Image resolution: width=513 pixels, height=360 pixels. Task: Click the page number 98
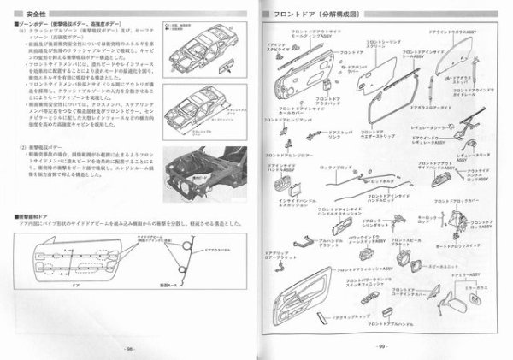[127, 348]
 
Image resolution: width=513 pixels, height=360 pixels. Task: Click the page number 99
[383, 348]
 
